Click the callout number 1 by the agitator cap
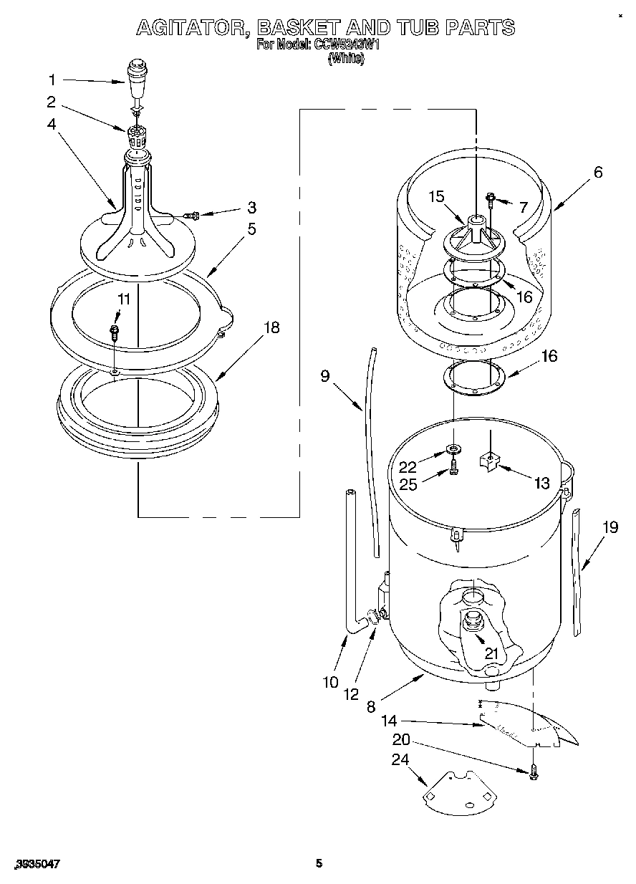tap(52, 80)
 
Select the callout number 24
tap(399, 759)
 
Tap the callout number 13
tap(542, 483)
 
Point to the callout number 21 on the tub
tap(491, 653)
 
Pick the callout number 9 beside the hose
tap(325, 375)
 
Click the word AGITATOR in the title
tap(192, 28)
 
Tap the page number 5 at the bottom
tap(319, 863)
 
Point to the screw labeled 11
tap(113, 332)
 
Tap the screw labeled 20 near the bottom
tap(534, 773)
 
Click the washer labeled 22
tap(452, 449)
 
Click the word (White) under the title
tap(346, 60)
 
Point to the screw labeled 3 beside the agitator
tap(191, 214)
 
